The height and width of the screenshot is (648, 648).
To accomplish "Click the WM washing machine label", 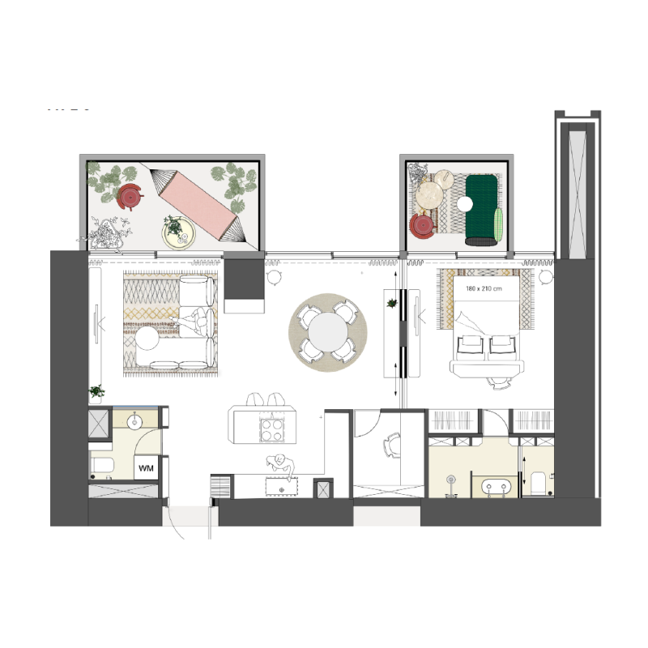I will pos(146,468).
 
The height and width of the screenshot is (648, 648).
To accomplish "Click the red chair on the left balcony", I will pos(129,196).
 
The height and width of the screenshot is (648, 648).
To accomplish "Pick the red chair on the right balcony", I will pos(423,226).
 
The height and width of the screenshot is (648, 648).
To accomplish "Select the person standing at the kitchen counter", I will pos(281,464).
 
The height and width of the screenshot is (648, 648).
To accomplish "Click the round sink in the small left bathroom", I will pos(134,421).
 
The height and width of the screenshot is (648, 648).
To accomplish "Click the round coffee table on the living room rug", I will pos(147,338).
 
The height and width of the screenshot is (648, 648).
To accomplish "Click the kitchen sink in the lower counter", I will pos(282,489).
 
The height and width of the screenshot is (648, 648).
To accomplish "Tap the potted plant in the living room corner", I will pos(97,392).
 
